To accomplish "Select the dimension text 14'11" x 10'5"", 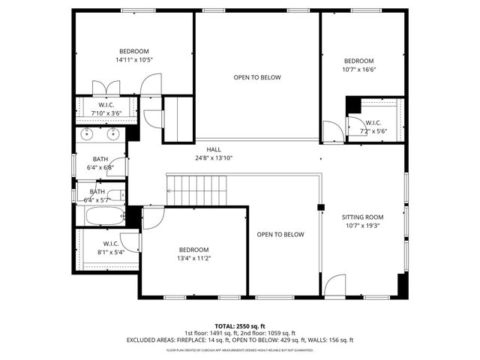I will pyautogui.click(x=134, y=60).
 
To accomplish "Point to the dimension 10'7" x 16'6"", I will pyautogui.click(x=358, y=70).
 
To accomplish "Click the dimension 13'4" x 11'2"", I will pyautogui.click(x=193, y=258).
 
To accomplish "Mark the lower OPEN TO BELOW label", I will pyautogui.click(x=280, y=235).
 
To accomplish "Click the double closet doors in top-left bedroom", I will pyautogui.click(x=100, y=87).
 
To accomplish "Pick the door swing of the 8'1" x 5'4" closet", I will pyautogui.click(x=129, y=241).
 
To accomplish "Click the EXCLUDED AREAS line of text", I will pyautogui.click(x=239, y=340).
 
